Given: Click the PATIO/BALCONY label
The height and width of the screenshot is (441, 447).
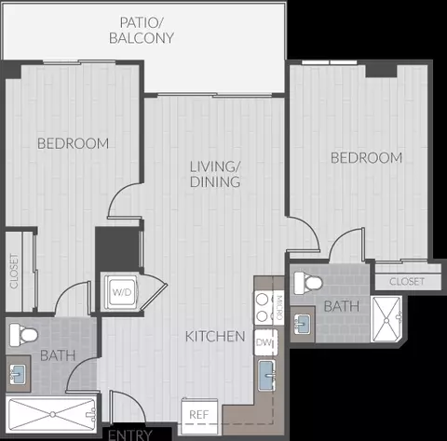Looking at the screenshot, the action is click(142, 31).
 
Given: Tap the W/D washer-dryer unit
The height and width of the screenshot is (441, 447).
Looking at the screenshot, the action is click(122, 292).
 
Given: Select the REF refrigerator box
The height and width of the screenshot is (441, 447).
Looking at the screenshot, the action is click(199, 416).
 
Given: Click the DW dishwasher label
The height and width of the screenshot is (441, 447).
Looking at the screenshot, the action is click(264, 342).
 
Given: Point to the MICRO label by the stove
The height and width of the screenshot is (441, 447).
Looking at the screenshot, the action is click(278, 307).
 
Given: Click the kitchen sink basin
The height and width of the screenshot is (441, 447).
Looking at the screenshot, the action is click(266, 375).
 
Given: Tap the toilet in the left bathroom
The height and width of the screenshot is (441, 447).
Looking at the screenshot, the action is click(23, 335).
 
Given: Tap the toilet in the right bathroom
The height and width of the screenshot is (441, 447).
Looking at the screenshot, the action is click(308, 283).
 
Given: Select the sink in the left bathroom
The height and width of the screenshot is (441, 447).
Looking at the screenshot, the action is click(18, 375).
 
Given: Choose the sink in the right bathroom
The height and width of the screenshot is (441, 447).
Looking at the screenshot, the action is click(302, 325).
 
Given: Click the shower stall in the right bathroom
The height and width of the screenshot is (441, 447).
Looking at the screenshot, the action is click(386, 319).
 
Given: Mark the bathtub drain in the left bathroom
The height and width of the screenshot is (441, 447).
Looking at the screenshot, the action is click(53, 414).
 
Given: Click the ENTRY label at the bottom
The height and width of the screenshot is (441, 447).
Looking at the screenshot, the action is click(130, 434).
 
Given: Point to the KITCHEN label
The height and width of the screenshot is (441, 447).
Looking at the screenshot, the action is click(215, 337).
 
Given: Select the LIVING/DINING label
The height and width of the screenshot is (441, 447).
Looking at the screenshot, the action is click(215, 174).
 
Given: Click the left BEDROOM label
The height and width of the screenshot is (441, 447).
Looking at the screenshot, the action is click(73, 143).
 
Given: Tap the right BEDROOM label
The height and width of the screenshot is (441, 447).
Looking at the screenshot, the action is click(366, 158).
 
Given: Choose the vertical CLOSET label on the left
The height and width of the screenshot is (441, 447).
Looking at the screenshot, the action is click(14, 271).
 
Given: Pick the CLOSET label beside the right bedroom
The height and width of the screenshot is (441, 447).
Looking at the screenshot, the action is click(407, 282).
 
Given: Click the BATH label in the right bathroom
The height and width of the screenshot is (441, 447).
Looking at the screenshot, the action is click(342, 306).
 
